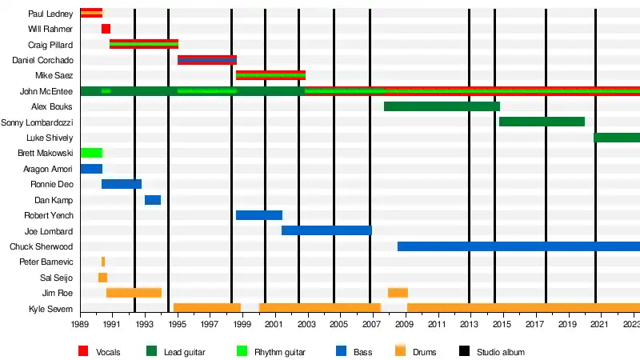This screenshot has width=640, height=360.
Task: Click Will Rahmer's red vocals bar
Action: pyautogui.click(x=106, y=29)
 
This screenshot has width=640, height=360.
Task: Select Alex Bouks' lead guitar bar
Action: pyautogui.click(x=442, y=106)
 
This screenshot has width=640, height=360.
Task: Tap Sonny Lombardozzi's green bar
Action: pyautogui.click(x=542, y=122)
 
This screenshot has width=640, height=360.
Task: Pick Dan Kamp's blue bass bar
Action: pyautogui.click(x=153, y=200)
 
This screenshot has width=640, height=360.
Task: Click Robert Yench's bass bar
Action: pyautogui.click(x=259, y=215)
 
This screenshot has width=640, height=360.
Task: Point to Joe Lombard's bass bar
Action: pyautogui.click(x=326, y=230)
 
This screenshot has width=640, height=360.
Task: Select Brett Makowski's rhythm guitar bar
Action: pyautogui.click(x=91, y=153)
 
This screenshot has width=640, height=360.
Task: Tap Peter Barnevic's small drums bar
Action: pyautogui.click(x=103, y=262)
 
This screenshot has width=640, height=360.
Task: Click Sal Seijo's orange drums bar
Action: pyautogui.click(x=102, y=278)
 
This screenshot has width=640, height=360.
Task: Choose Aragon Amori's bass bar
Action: pyautogui.click(x=91, y=169)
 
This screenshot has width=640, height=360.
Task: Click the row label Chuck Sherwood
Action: pyautogui.click(x=41, y=246)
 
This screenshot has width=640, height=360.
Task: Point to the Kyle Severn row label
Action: pyautogui.click(x=50, y=309)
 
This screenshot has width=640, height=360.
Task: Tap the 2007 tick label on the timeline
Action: pyautogui.click(x=372, y=325)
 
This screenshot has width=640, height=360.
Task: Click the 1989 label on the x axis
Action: pyautogui.click(x=80, y=325)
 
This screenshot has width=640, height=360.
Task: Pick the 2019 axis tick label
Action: pyautogui.click(x=566, y=325)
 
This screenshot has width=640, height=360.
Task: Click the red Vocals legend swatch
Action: pyautogui.click(x=83, y=351)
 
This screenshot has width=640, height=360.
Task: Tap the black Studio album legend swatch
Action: pyautogui.click(x=464, y=351)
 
